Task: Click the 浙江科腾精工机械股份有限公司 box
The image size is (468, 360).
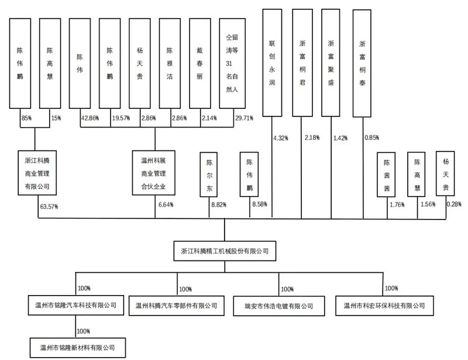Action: [x=225, y=251]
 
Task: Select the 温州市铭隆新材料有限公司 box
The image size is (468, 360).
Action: [x=78, y=348]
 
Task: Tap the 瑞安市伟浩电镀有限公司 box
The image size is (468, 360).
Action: [x=279, y=306]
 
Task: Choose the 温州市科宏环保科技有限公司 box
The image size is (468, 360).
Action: [x=384, y=306]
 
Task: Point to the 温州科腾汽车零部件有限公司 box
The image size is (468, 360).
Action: [x=177, y=306]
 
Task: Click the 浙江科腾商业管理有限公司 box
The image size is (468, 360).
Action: [x=37, y=173]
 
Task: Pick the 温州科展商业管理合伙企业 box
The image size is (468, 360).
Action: [x=153, y=173]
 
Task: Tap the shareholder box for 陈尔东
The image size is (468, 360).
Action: [x=209, y=175]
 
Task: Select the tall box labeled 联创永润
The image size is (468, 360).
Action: [x=272, y=63]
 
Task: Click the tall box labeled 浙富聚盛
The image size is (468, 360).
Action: [x=331, y=63]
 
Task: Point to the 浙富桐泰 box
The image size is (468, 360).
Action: [x=362, y=63]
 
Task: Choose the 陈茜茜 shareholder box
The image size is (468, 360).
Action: [x=386, y=175]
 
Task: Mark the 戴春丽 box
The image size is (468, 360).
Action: [x=200, y=63]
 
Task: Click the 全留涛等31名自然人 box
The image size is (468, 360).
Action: [x=232, y=63]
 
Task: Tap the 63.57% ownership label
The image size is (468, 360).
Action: [x=49, y=207]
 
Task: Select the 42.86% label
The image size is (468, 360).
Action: [x=90, y=118]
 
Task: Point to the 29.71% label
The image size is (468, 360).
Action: [x=244, y=118]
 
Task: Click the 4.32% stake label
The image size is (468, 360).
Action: [x=281, y=138]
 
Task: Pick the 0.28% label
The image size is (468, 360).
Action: [x=454, y=204]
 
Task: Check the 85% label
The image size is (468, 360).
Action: [x=26, y=118]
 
